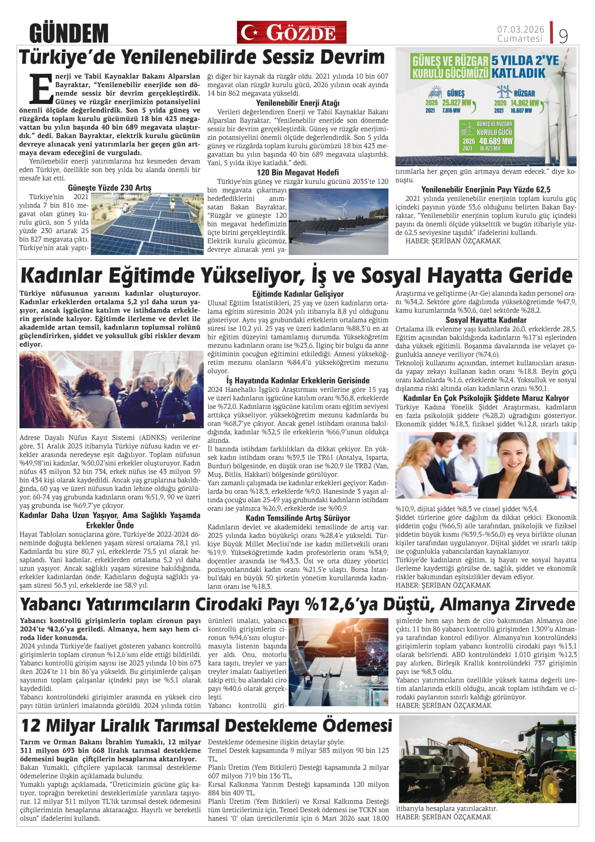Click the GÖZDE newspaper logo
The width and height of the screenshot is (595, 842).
pyautogui.click(x=291, y=32)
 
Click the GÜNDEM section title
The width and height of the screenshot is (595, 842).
pyautogui.click(x=69, y=33)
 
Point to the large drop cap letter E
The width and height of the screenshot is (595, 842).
pyautogui.click(x=41, y=88)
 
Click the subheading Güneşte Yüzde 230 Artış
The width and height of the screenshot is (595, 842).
pyautogui.click(x=110, y=188)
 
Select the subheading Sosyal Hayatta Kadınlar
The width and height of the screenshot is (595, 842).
pyautogui.click(x=486, y=320)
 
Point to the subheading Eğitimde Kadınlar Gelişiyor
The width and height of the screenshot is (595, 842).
pyautogui.click(x=298, y=294)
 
